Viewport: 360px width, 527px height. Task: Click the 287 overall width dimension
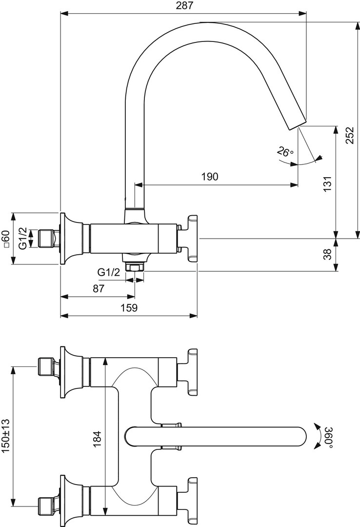[x=183, y=6]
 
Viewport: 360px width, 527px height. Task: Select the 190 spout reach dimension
[x=210, y=177]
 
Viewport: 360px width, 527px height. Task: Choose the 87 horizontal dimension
[x=99, y=288]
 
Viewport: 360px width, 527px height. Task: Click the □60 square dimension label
[x=6, y=239]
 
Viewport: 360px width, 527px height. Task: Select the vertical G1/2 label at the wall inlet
[x=22, y=239]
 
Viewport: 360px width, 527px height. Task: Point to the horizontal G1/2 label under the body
[x=108, y=272]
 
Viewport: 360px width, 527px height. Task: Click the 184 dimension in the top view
[x=97, y=439]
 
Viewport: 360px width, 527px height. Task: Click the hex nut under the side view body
[x=134, y=266]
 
